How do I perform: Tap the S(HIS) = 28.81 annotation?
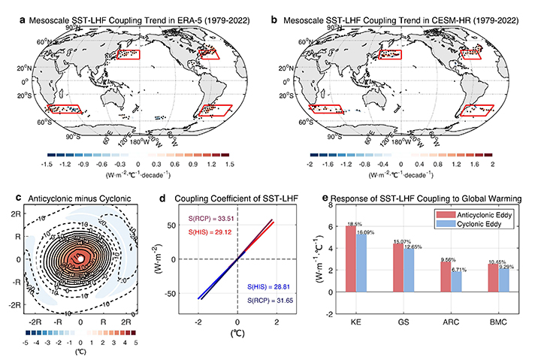265,287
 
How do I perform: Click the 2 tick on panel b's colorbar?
491,162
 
